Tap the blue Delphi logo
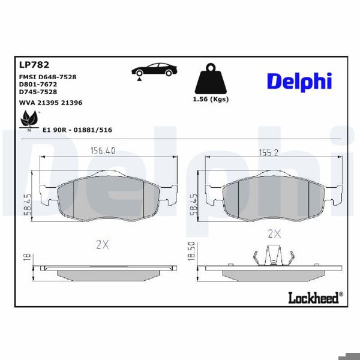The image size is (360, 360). click(x=299, y=82)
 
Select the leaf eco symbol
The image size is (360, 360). click(x=28, y=122)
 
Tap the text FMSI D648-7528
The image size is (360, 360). click(x=47, y=77)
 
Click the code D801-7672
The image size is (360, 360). click(x=38, y=85)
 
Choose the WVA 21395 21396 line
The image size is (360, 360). click(x=50, y=103)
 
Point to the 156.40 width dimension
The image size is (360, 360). click(x=103, y=151)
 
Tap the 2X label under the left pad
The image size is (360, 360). click(x=102, y=244)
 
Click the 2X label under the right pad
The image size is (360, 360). click(x=274, y=233)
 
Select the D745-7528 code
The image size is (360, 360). click(x=38, y=92)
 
